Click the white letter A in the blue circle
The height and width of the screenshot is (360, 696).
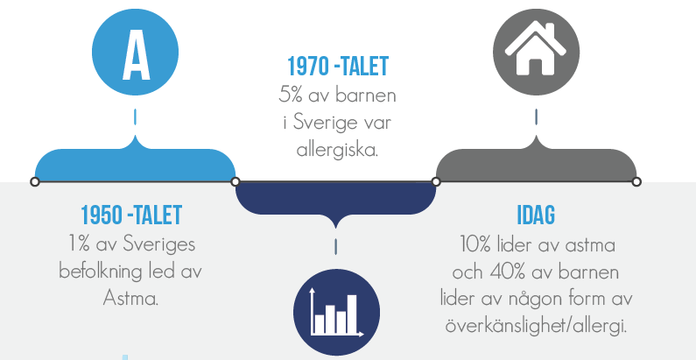tap(136, 55)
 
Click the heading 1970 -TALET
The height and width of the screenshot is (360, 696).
tap(338, 67)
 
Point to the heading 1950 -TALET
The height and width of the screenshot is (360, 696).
tap(131, 215)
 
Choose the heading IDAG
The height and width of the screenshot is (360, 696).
tap(536, 215)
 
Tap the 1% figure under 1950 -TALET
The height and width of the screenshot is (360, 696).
tap(80, 244)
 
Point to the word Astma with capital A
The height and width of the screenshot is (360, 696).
tap(131, 299)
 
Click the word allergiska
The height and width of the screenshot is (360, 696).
tap(337, 151)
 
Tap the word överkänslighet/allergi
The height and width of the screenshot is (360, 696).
tap(536, 326)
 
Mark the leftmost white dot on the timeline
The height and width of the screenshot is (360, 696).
tap(35, 181)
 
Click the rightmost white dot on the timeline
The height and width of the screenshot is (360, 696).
tap(636, 181)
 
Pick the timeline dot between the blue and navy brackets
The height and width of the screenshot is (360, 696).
tap(236, 181)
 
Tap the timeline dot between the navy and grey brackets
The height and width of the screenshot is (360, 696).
tap(436, 181)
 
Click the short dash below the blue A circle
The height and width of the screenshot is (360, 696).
tap(135, 117)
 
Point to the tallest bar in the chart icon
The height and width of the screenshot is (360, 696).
tap(352, 314)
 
